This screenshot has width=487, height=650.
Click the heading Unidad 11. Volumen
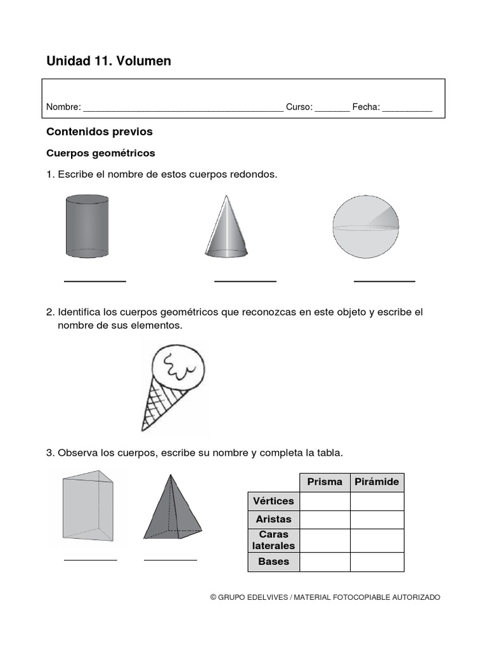point(108,61)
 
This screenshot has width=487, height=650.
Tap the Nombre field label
point(63,107)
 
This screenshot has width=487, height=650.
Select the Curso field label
point(299,107)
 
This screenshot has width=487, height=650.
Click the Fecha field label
point(366,107)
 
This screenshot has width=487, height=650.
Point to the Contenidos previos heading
point(100,132)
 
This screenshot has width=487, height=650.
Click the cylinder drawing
point(87,226)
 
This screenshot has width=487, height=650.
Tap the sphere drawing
point(366,227)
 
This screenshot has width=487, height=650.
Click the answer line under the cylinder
point(95,281)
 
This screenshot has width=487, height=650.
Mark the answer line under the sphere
point(384,281)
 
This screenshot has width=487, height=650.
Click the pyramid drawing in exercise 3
point(172,508)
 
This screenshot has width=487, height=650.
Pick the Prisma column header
point(325,482)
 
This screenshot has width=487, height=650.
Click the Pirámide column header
point(377,482)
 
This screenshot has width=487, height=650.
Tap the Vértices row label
point(273,501)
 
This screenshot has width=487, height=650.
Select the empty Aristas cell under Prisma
point(325,519)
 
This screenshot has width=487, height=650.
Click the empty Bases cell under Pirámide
point(377,562)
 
